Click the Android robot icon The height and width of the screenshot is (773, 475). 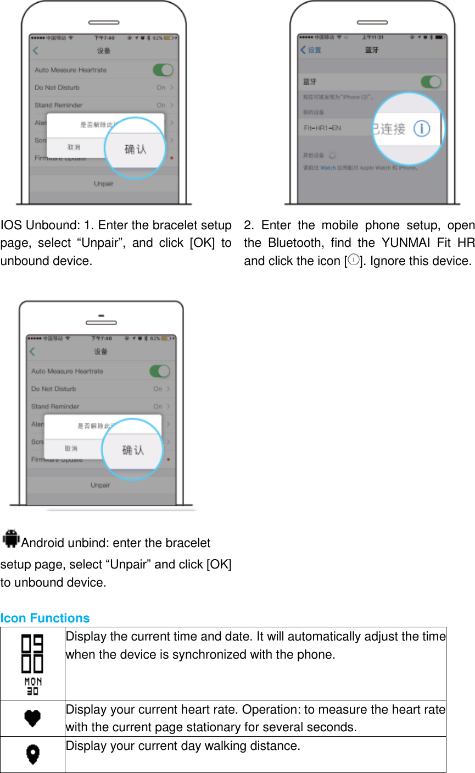(x=11, y=539)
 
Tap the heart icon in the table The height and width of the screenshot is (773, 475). (x=32, y=718)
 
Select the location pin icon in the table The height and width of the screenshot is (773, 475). (x=32, y=754)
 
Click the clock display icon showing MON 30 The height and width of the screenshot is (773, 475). (x=32, y=664)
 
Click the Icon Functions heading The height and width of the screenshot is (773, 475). (x=45, y=618)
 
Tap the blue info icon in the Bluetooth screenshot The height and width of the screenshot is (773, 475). (x=422, y=129)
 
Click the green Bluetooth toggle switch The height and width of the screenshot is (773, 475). (x=431, y=82)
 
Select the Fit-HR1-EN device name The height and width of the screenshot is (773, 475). (x=322, y=128)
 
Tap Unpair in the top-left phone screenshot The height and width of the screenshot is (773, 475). (x=103, y=184)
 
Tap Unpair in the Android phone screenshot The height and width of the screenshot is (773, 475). (x=100, y=485)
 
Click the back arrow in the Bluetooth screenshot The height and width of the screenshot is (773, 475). (x=303, y=50)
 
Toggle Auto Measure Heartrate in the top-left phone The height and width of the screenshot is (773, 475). (x=163, y=70)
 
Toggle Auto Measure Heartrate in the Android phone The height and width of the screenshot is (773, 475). (x=159, y=371)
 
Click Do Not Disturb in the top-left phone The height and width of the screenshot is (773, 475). (x=57, y=87)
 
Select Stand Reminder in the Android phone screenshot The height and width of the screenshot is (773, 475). (x=55, y=406)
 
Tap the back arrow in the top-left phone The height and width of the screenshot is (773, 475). (x=36, y=51)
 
